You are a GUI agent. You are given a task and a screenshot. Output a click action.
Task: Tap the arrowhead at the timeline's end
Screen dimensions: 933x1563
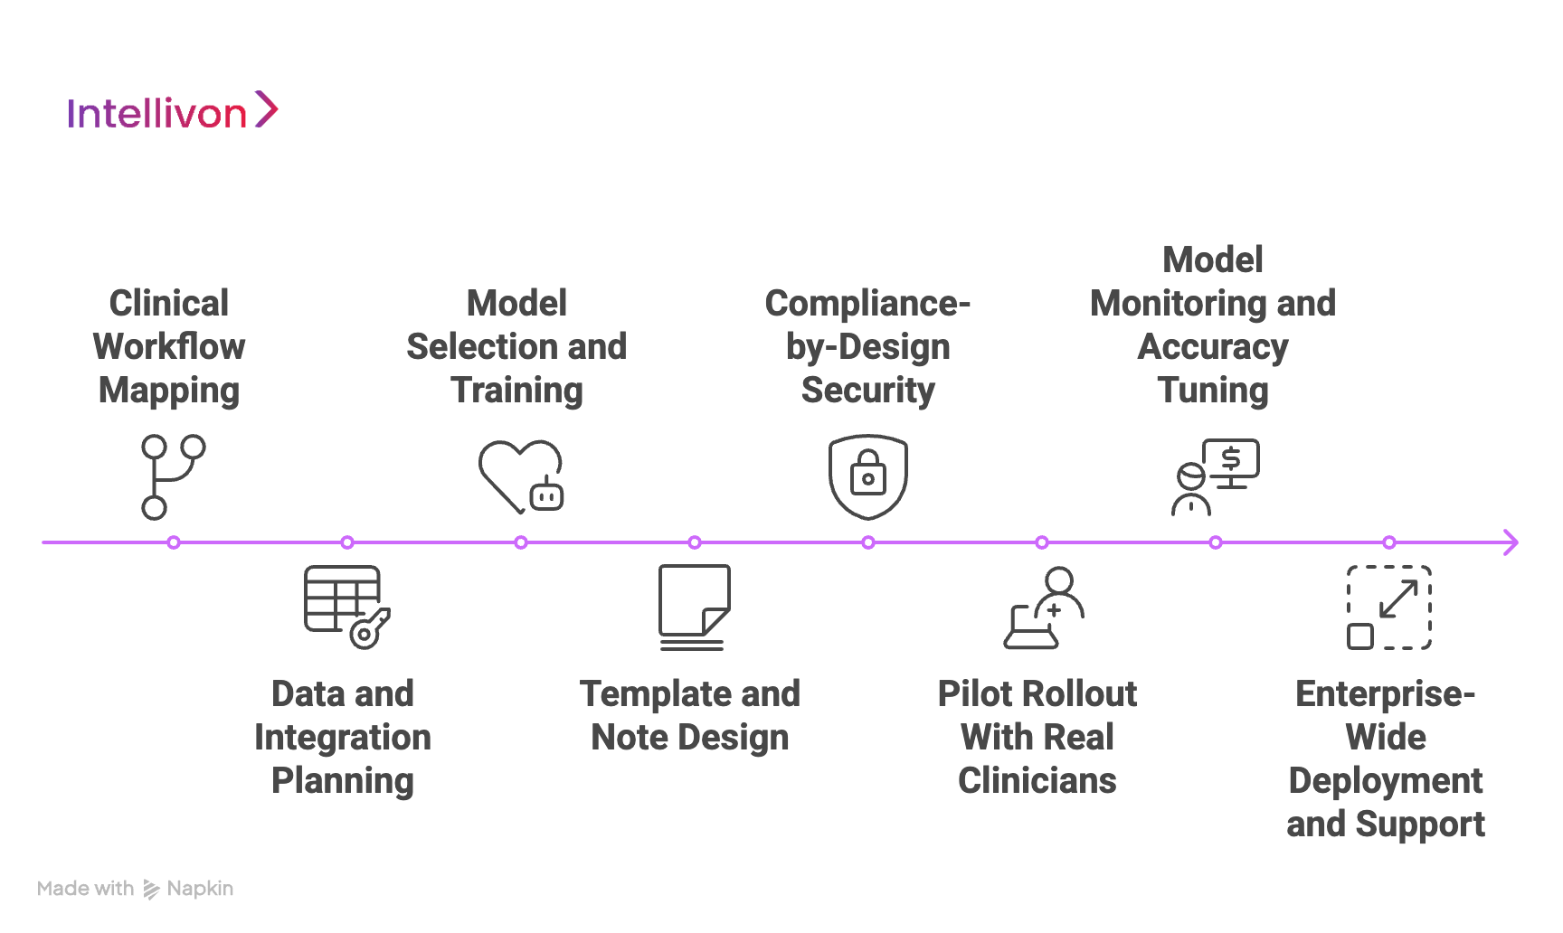point(1510,542)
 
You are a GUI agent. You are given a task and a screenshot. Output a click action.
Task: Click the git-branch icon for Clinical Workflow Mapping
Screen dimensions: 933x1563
point(172,476)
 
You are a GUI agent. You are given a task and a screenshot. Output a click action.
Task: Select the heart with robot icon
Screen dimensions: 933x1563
point(520,476)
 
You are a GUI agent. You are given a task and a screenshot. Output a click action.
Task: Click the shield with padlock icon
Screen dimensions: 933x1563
point(867,476)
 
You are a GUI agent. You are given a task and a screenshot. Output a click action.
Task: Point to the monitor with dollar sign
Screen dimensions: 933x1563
point(1231,462)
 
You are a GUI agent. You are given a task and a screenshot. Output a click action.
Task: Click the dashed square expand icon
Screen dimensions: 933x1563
point(1388,608)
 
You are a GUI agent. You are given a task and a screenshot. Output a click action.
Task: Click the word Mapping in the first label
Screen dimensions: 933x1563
point(169,391)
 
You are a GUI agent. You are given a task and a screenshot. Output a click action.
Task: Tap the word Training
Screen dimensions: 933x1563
point(516,391)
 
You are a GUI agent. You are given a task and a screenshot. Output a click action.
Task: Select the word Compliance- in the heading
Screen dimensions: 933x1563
point(867,304)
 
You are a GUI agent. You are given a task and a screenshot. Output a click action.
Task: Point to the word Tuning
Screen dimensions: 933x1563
point(1212,391)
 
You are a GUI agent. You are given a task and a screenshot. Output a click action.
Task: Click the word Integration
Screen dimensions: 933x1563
point(343,738)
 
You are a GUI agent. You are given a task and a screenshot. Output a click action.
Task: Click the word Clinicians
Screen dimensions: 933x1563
point(1037,781)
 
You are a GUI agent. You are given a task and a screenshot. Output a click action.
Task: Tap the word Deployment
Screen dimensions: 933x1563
point(1385,781)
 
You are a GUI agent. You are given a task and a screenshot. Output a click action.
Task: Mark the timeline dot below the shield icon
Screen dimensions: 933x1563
point(867,542)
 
